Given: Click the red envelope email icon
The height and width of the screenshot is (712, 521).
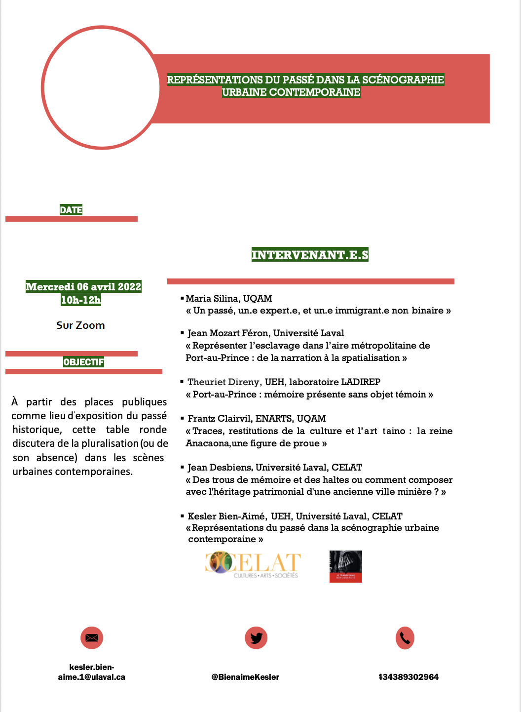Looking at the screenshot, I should tap(92, 637).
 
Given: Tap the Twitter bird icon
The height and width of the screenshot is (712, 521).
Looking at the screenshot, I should tap(256, 637).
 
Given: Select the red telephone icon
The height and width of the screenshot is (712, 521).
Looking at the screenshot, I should tap(405, 638).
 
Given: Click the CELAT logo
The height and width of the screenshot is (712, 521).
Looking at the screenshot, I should tap(253, 565).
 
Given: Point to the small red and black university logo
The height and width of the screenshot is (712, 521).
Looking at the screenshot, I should tap(345, 566).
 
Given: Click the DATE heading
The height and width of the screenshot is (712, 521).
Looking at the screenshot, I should tap(71, 210).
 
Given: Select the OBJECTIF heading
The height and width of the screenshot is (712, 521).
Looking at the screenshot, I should tap(83, 362).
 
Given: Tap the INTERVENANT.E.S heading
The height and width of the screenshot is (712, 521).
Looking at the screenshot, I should tap(310, 255).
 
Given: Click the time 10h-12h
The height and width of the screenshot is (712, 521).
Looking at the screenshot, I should tap(81, 300).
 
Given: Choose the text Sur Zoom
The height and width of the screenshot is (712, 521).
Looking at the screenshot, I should tap(80, 325).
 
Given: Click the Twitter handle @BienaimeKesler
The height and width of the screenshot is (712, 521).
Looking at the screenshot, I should tap(245, 677).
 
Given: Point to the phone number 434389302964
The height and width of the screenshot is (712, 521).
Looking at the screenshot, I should tap(409, 677).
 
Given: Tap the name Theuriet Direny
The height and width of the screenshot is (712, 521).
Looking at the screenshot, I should tap(223, 382).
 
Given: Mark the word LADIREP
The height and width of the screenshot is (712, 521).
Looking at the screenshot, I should tap(361, 382).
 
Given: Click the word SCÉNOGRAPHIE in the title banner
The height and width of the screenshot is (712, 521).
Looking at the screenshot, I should tap(403, 79).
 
